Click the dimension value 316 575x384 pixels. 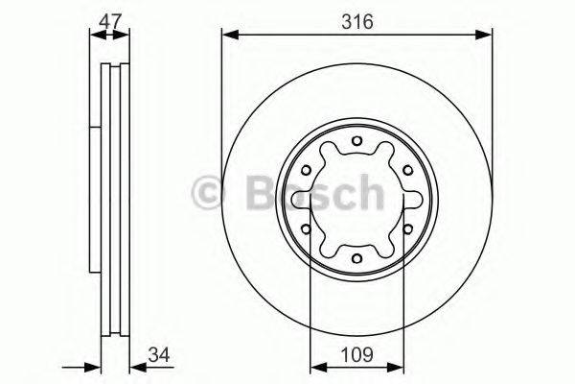click(x=356, y=17)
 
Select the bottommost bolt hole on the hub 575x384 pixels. click(x=356, y=257)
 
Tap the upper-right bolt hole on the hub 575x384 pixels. click(x=405, y=171)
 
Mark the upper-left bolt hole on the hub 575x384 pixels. click(x=307, y=171)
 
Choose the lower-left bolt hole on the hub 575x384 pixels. click(x=307, y=229)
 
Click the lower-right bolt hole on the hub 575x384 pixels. click(x=405, y=229)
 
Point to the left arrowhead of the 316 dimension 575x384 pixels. click(x=228, y=36)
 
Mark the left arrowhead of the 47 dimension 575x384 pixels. click(x=95, y=36)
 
